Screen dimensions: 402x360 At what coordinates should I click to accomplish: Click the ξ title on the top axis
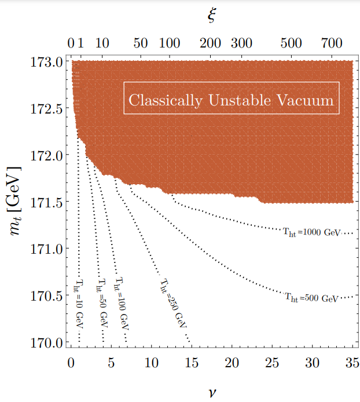212,16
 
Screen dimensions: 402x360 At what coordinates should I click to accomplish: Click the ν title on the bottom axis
212,391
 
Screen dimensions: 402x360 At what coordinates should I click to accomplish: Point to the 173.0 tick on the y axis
45,61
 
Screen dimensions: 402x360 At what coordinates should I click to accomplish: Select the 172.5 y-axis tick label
45,108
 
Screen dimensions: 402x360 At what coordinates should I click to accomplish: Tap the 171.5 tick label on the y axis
45,202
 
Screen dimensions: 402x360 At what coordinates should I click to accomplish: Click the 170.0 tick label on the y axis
45,342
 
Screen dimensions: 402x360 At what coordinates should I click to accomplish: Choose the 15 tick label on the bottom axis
191,363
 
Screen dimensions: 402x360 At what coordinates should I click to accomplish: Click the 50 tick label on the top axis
140,43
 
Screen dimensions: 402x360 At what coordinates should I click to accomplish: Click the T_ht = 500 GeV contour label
311,298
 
